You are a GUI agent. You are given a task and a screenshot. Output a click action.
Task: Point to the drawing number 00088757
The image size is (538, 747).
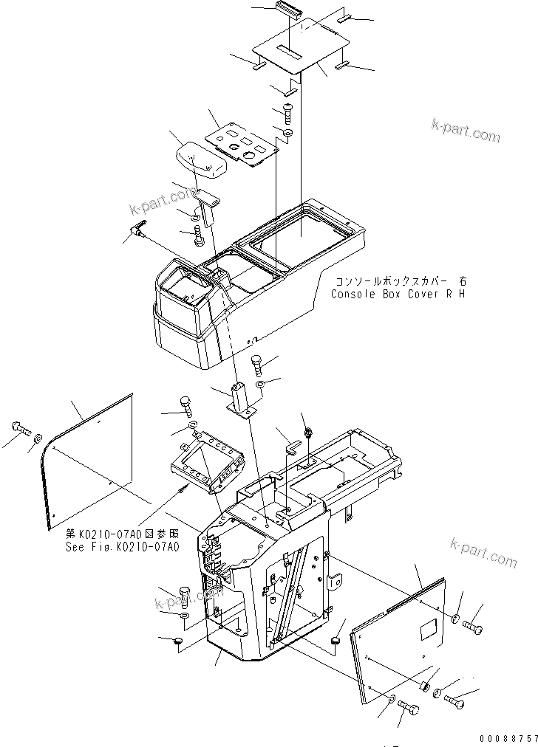(x=505, y=737)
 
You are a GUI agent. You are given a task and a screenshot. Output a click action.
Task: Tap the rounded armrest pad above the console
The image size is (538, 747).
(x=200, y=159)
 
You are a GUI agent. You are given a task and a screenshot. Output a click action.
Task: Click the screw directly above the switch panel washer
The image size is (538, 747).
(x=287, y=114)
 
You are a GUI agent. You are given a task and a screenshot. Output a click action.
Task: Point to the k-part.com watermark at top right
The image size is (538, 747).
(x=466, y=132)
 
